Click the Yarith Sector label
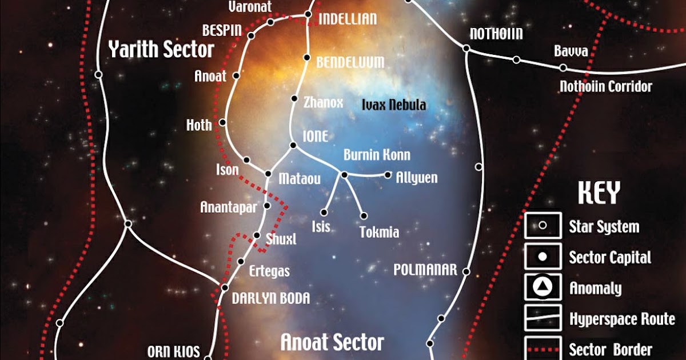click(x=161, y=50)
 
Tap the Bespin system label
click(x=222, y=30)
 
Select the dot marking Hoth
click(x=222, y=122)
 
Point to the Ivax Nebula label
click(x=394, y=105)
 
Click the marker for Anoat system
click(x=236, y=75)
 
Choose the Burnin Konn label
click(x=377, y=155)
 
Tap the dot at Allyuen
click(x=388, y=175)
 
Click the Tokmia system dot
click(x=364, y=216)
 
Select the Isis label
click(x=321, y=227)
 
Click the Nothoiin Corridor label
click(x=605, y=87)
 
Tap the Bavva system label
click(x=571, y=51)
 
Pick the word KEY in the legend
click(x=599, y=194)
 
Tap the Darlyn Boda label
click(x=271, y=298)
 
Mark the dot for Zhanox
click(x=294, y=99)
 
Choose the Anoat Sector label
click(x=332, y=342)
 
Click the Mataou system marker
click(x=268, y=173)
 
